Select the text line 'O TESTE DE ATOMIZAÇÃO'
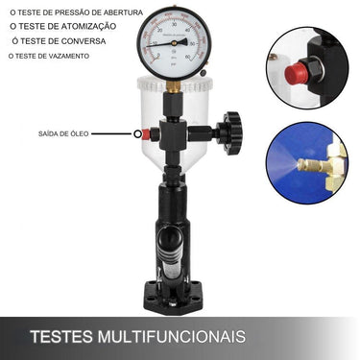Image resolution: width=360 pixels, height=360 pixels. click(62, 26)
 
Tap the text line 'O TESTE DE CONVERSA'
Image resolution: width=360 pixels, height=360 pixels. click(64, 41)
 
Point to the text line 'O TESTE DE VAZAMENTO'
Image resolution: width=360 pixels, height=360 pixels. click(49, 57)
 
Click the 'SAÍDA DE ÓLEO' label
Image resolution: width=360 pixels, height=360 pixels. click(63, 133)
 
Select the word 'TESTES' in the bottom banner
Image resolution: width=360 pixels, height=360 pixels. click(60, 337)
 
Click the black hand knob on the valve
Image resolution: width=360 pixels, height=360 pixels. click(230, 131)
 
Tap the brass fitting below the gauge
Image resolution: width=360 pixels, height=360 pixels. click(173, 86)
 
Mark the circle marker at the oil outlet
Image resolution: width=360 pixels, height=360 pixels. click(138, 134)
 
